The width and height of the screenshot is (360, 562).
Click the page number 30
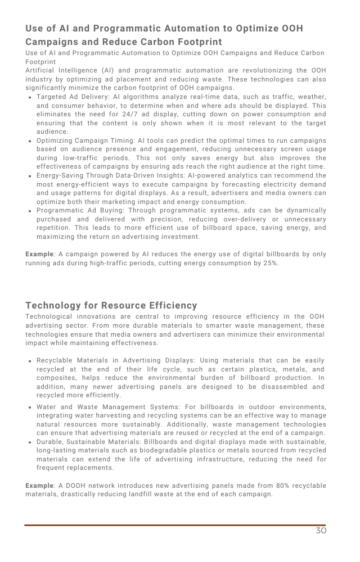321,531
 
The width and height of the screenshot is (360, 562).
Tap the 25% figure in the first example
269,263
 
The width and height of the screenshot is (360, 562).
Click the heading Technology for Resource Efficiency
111,306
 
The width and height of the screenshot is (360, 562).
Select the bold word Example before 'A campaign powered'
39,255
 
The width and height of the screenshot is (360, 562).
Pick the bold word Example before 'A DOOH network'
39,486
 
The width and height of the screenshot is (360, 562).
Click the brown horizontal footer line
174,525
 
